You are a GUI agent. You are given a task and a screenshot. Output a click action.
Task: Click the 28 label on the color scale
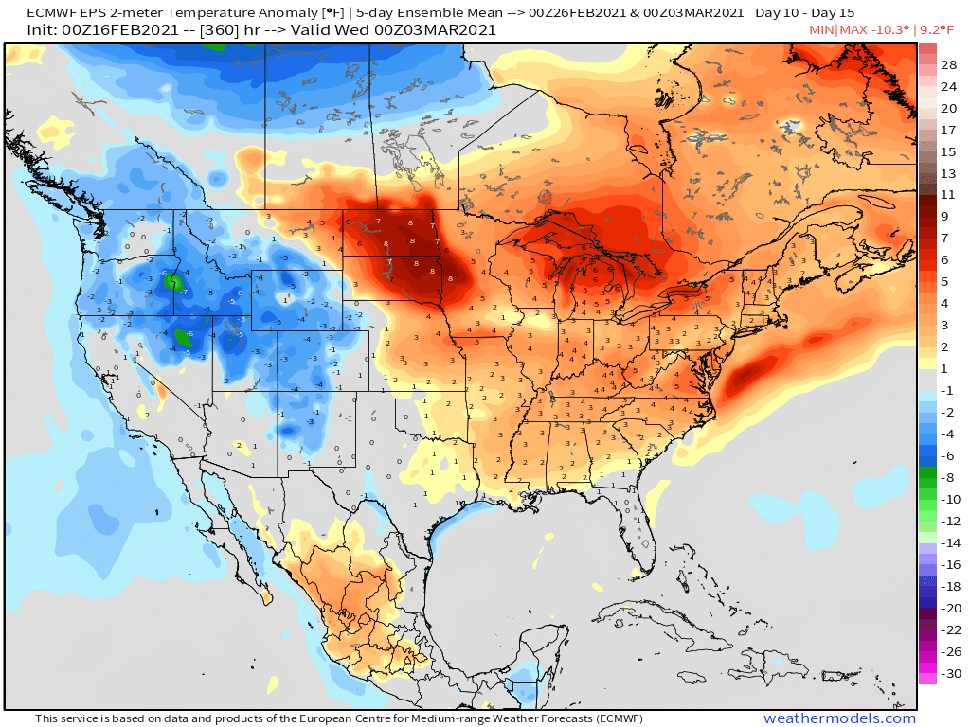point(949,65)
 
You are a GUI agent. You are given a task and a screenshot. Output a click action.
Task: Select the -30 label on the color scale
point(949,674)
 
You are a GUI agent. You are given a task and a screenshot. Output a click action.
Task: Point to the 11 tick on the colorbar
point(949,195)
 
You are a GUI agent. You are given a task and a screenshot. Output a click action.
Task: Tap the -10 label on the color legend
point(949,500)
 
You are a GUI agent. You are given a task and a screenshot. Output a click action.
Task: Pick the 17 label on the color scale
point(949,130)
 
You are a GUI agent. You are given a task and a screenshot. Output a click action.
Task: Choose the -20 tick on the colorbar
point(949,608)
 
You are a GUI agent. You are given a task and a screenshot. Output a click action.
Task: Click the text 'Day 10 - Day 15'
point(805,13)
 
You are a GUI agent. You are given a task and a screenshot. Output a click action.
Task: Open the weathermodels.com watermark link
point(839,718)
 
